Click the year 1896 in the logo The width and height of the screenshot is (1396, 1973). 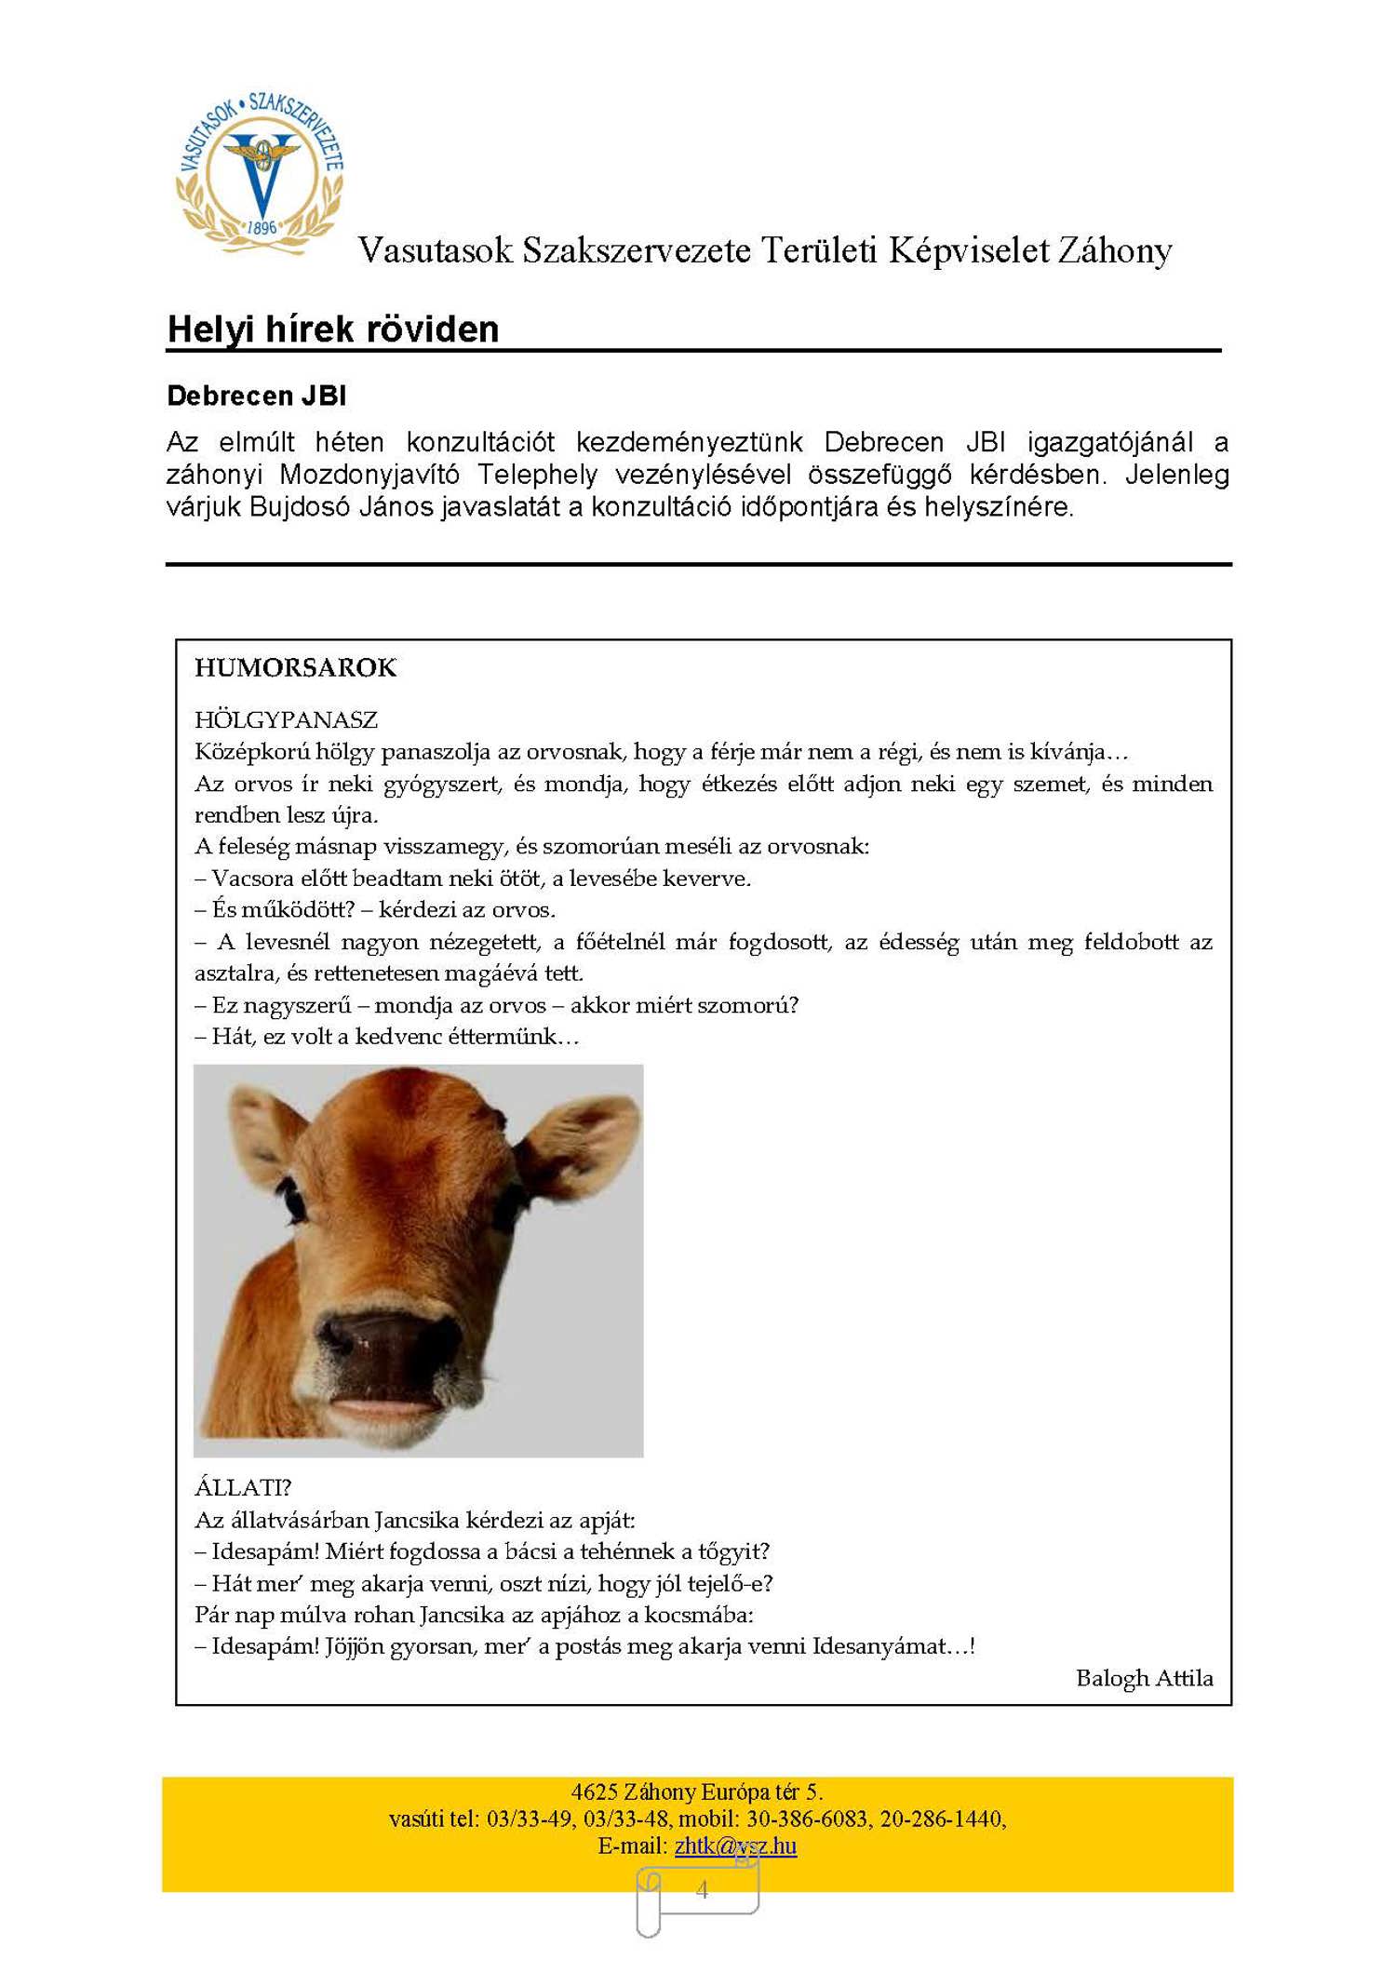click(x=262, y=227)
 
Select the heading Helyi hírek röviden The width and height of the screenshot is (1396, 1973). click(x=332, y=329)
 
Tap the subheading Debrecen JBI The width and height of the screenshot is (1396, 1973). click(x=256, y=396)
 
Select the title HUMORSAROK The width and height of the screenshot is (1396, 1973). click(x=295, y=668)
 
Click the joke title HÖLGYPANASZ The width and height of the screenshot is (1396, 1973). click(x=286, y=719)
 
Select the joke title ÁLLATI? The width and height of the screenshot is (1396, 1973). click(x=243, y=1487)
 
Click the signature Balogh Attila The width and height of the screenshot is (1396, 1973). click(x=1144, y=1678)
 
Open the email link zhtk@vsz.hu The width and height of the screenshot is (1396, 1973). click(x=735, y=1845)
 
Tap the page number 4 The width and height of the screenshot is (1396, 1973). click(x=702, y=1889)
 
